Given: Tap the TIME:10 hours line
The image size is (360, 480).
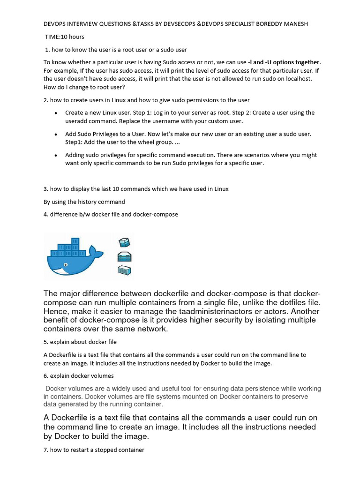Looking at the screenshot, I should (65, 37).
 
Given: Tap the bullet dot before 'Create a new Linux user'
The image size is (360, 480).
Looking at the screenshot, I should (56, 113).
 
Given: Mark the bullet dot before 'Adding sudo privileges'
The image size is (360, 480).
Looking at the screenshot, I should (56, 155).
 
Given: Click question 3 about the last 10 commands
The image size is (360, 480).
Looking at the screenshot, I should (136, 189).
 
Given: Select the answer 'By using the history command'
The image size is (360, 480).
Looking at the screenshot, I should (84, 202).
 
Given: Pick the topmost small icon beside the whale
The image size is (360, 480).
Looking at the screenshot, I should (124, 242).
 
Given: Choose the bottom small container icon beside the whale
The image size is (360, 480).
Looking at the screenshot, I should (124, 270).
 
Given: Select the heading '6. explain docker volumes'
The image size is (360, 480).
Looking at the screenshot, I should (79, 376).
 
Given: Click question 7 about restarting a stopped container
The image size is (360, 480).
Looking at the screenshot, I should (94, 450).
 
